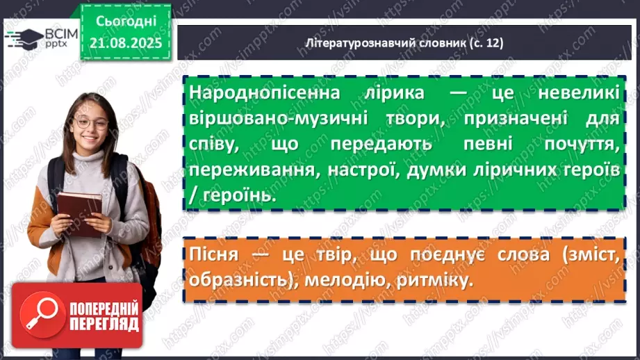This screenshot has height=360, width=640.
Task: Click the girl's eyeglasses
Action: tap(92, 123)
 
